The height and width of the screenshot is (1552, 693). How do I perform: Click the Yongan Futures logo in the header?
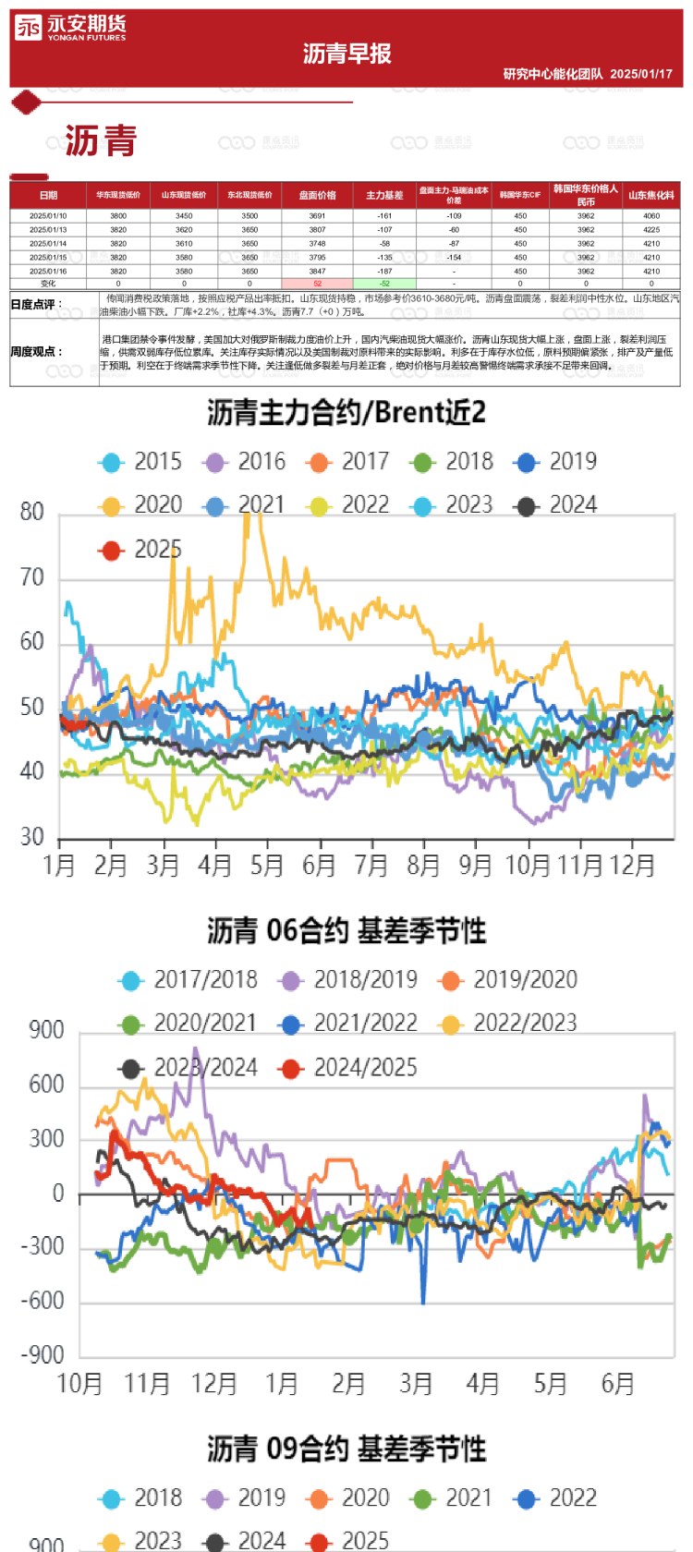pyautogui.click(x=70, y=28)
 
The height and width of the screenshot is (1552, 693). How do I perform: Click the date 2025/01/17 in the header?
pyautogui.click(x=641, y=74)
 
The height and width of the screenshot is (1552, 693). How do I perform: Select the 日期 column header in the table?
pyautogui.click(x=48, y=195)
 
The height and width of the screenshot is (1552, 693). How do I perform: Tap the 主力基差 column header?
pyautogui.click(x=384, y=195)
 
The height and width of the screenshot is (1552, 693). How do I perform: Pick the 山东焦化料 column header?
pyautogui.click(x=651, y=195)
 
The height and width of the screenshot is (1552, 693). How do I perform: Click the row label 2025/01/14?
pyautogui.click(x=48, y=244)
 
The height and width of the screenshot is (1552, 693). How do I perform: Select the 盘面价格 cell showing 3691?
pyautogui.click(x=317, y=216)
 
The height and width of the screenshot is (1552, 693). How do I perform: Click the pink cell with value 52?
pyautogui.click(x=317, y=284)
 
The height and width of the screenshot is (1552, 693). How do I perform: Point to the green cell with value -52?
pyautogui.click(x=384, y=284)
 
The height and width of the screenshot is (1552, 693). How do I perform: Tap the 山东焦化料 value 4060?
pyautogui.click(x=651, y=216)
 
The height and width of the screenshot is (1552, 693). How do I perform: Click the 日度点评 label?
pyautogui.click(x=37, y=304)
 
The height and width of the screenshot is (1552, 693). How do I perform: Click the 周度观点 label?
pyautogui.click(x=37, y=352)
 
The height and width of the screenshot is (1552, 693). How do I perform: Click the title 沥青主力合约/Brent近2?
pyautogui.click(x=346, y=413)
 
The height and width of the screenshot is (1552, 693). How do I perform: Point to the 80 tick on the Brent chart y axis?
pyautogui.click(x=32, y=512)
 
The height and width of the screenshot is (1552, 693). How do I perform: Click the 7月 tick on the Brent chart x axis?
pyautogui.click(x=371, y=866)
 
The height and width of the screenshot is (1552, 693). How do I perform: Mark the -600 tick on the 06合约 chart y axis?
pyautogui.click(x=43, y=1301)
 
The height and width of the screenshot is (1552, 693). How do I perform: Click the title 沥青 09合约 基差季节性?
pyautogui.click(x=346, y=1449)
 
